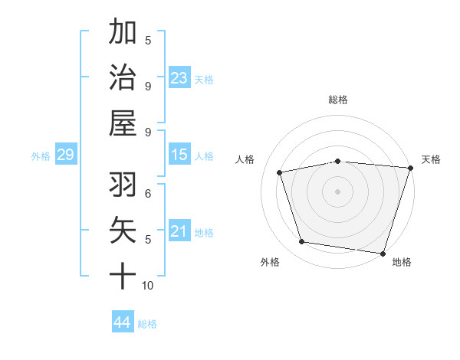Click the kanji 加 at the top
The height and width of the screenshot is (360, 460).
[123, 33]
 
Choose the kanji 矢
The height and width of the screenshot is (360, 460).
[123, 231]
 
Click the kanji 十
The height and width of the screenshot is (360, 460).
[123, 274]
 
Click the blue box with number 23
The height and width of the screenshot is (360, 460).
[179, 78]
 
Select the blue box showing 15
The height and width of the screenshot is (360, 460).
[179, 155]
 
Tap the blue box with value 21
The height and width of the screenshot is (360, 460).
[179, 232]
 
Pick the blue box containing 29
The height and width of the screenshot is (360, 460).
[65, 155]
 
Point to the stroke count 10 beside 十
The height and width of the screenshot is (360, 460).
[148, 286]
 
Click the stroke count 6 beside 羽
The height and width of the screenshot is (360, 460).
[148, 193]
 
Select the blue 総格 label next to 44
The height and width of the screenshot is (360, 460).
[147, 324]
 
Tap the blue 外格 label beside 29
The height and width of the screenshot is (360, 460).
[41, 156]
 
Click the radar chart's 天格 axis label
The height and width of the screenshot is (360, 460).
[431, 159]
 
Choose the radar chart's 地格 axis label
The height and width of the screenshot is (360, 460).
[402, 262]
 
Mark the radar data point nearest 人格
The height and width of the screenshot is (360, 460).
[280, 172]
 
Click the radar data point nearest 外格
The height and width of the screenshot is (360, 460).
[302, 242]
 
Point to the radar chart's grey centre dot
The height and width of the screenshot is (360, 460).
[337, 191]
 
